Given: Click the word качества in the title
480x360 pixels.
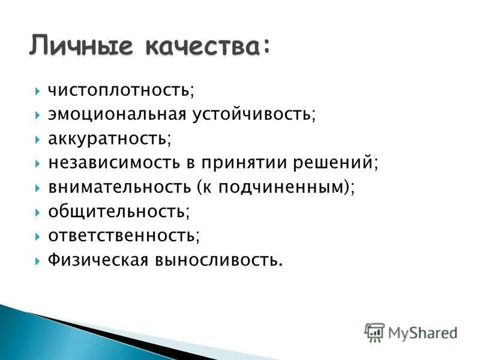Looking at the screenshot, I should click(x=205, y=46).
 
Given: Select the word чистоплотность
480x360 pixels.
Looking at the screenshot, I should click(x=119, y=90).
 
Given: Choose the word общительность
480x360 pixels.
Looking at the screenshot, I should click(x=116, y=211).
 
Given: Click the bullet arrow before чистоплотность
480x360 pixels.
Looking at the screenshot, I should click(x=37, y=91).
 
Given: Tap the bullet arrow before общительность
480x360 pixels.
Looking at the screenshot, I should click(x=37, y=212).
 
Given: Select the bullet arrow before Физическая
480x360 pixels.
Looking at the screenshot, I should click(x=37, y=260).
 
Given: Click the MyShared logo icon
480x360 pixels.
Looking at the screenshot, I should click(x=374, y=332).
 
